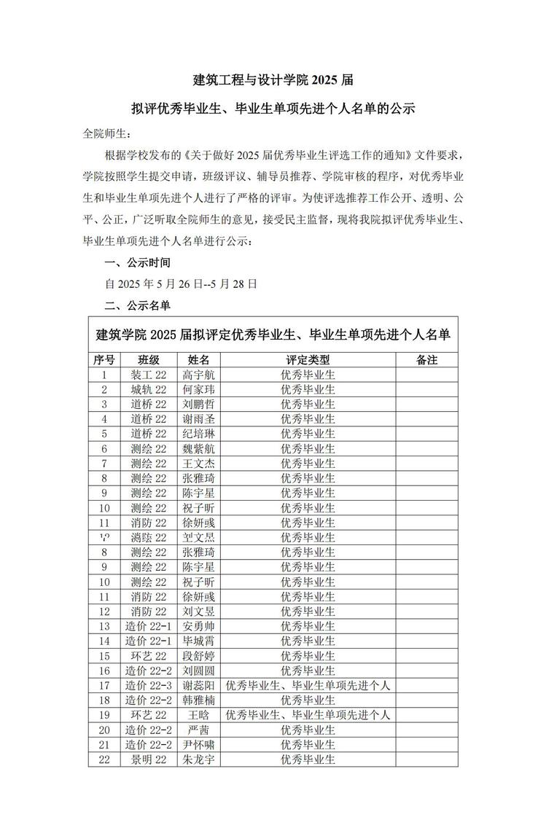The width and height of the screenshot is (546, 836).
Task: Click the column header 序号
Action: pos(104,360)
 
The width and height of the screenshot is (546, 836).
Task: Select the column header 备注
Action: pos(426,360)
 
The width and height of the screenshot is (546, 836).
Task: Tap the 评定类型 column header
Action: pos(308,360)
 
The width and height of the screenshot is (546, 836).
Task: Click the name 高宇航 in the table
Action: pos(199,375)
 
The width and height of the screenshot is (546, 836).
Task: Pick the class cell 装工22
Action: pos(149,375)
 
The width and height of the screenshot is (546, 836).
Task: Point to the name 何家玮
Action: pos(199,389)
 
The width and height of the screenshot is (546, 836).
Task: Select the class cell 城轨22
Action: pos(149,389)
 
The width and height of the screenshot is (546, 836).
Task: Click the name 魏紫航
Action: pos(199,448)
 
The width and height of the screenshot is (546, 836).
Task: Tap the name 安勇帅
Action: pos(199,626)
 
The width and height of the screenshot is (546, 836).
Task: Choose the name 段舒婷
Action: pos(199,656)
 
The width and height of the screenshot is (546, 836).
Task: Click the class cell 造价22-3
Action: pos(149,685)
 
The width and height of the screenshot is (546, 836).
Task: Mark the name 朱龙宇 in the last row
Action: pos(199,759)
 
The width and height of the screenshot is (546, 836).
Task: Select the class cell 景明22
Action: pos(149,759)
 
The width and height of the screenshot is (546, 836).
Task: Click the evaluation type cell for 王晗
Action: pos(308,715)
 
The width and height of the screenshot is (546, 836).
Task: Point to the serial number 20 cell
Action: pos(104,730)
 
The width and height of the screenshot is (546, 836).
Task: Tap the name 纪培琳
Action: pos(199,434)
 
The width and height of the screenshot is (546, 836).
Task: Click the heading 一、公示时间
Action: pos(138,262)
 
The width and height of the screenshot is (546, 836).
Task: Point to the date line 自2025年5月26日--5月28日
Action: pos(181,284)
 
